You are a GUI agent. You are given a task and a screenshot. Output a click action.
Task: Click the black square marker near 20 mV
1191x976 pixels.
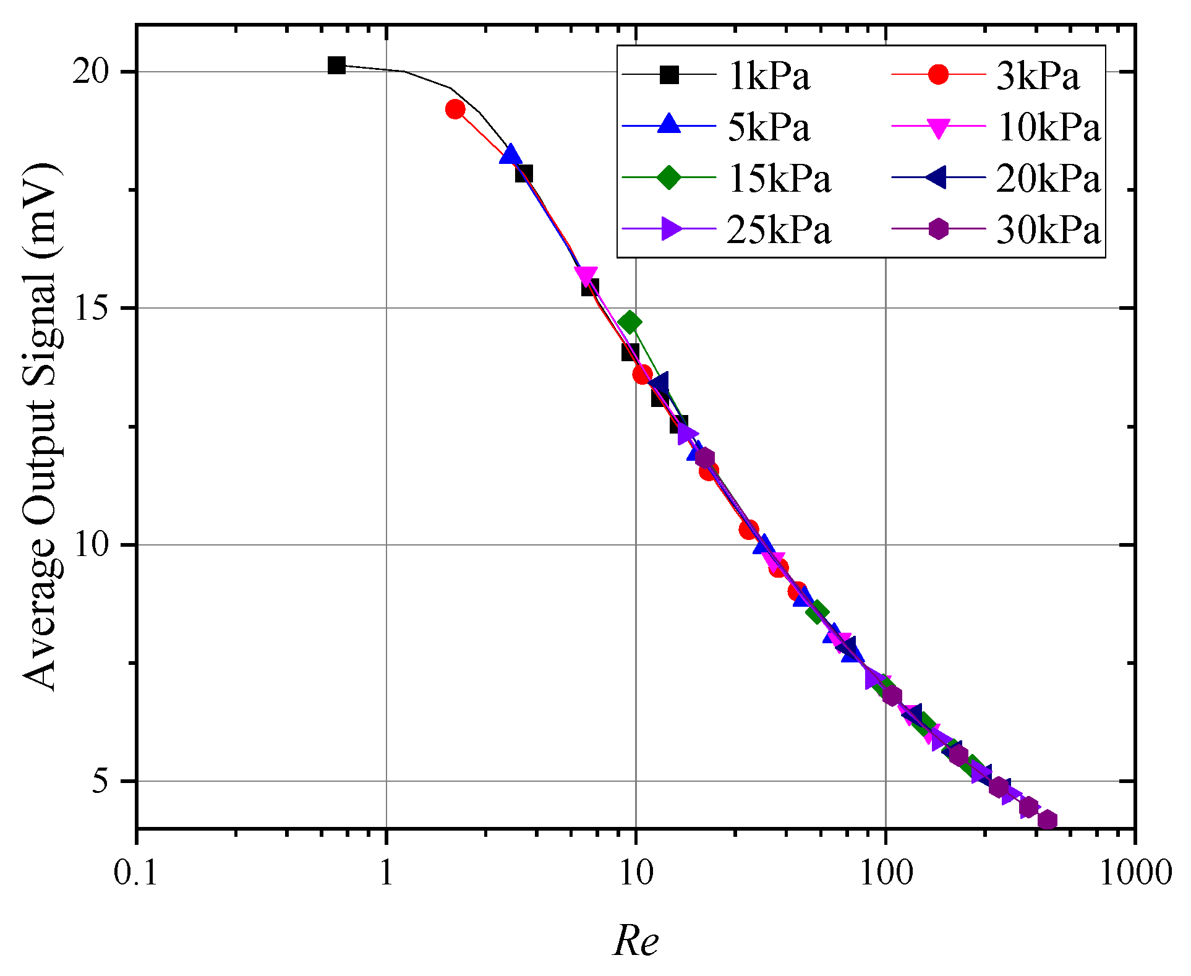336,65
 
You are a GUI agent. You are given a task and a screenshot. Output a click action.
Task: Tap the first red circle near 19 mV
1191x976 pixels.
455,109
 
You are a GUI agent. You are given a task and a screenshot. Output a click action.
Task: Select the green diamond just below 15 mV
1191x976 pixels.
630,322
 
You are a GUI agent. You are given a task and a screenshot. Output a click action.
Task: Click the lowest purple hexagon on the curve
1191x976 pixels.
1047,821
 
